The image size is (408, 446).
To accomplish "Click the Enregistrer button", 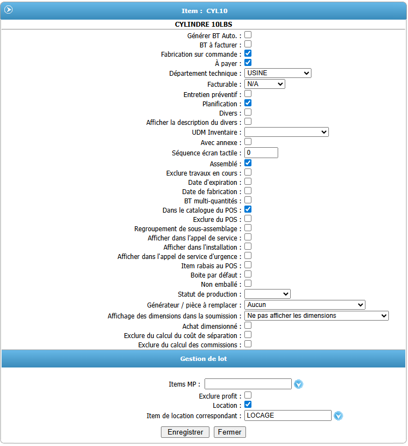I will [185, 432].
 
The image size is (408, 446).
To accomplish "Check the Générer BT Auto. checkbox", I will [248, 35].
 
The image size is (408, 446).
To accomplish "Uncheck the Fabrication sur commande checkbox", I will [248, 53].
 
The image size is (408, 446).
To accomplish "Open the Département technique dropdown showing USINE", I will [278, 73].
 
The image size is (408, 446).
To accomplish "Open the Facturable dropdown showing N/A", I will [265, 84].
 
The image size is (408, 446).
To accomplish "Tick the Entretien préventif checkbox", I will [248, 94].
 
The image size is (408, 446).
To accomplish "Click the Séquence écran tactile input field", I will [261, 153].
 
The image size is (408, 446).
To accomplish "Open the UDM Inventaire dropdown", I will [286, 132].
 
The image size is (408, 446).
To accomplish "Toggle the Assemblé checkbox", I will [248, 162].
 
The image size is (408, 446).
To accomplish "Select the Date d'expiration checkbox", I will [248, 182].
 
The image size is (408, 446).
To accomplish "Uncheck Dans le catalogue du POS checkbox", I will [248, 209].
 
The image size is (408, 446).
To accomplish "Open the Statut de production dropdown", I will [267, 294].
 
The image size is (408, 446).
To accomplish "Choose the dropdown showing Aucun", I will [304, 305].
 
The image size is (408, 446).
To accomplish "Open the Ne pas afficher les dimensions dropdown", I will [316, 316].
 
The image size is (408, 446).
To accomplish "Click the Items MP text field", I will [248, 384].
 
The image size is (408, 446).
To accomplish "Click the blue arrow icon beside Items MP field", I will [298, 384].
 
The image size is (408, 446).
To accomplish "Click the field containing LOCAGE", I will [287, 415].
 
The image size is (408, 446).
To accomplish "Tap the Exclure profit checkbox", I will [248, 395].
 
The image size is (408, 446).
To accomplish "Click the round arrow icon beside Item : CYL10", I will [9, 10].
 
